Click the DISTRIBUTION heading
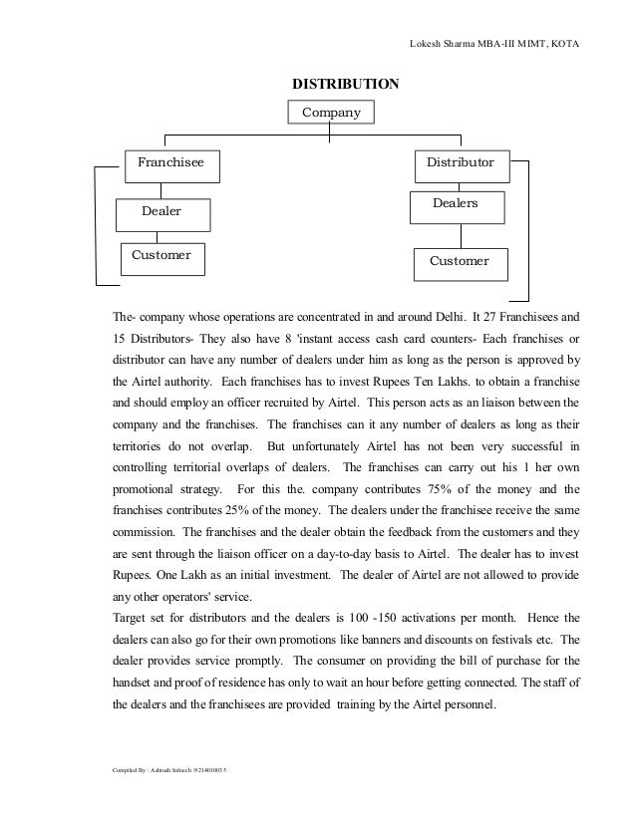click(344, 83)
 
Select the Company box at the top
click(332, 113)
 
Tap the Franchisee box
click(163, 161)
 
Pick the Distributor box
click(460, 161)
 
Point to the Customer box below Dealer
click(161, 256)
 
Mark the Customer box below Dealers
click(459, 261)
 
